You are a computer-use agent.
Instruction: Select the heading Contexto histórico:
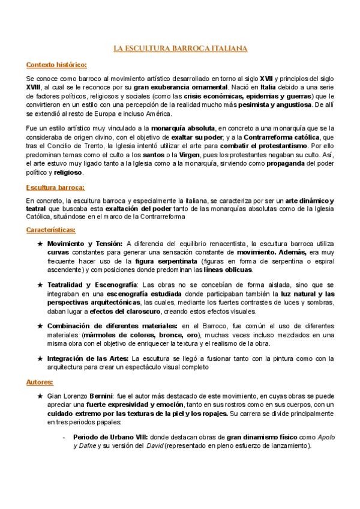(57, 64)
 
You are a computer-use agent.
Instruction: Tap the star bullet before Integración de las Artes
(40, 358)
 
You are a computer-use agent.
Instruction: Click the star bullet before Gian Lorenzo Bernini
(40, 397)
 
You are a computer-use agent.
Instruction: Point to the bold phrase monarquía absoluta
(184, 128)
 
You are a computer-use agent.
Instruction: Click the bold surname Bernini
(101, 397)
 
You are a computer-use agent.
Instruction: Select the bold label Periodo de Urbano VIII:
(112, 438)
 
